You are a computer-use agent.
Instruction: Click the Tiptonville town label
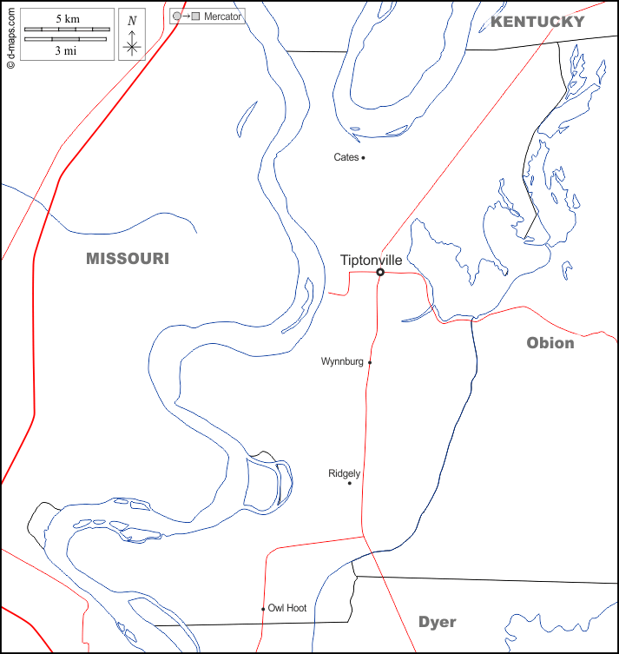coord(371,260)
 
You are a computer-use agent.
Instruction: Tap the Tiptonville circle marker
coord(380,273)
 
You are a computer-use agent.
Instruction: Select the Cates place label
coord(346,157)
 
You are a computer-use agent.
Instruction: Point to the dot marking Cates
coord(363,157)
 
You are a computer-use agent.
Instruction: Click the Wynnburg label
coord(342,361)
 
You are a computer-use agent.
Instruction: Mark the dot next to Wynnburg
coord(370,362)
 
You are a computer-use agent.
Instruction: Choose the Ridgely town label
coord(344,473)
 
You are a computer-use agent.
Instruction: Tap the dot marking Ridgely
coord(350,483)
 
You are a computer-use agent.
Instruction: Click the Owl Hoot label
coord(287,608)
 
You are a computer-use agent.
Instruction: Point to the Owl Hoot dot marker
coord(263,609)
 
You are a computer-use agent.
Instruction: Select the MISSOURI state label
coord(128,259)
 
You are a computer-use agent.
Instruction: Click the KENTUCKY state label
coord(537,22)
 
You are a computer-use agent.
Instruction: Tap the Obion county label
coord(550,343)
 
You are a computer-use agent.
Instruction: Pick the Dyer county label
coord(437,622)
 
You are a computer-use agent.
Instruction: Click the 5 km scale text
coord(67,18)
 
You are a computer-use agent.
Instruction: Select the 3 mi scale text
coord(67,50)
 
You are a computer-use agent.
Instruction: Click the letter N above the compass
coord(132,21)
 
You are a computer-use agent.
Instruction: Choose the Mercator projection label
coord(223,17)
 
